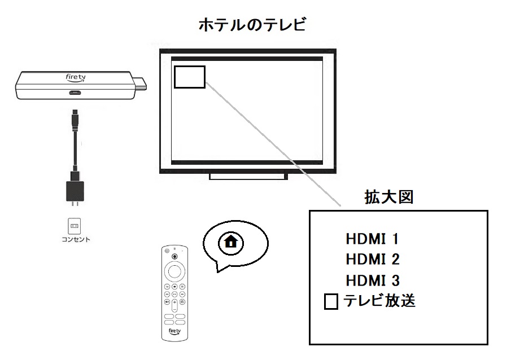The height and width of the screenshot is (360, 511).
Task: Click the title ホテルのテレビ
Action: coord(252,25)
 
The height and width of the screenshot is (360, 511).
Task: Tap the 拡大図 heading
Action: coord(389,197)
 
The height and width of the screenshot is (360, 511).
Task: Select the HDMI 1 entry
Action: coord(372,239)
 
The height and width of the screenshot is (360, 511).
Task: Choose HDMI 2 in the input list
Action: coord(373,260)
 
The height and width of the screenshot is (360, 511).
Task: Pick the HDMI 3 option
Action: coord(373,280)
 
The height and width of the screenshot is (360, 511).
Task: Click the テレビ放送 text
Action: coord(379,300)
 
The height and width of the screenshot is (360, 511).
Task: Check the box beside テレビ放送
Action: coord(331,301)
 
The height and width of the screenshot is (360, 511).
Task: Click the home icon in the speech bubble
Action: coord(231,243)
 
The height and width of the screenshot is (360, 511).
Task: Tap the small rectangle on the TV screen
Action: coord(190,77)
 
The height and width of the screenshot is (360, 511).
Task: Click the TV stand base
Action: coord(248,177)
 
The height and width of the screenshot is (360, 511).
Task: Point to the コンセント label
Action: coord(76,239)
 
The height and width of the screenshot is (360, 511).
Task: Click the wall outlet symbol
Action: coord(75,226)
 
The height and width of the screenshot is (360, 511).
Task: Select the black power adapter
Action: coord(75,191)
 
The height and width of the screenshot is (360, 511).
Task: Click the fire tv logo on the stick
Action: coord(76,77)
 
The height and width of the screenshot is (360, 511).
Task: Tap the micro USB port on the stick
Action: coord(75,93)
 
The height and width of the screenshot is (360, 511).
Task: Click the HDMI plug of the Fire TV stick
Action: coord(141,84)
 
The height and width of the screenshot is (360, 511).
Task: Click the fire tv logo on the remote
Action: coord(174,332)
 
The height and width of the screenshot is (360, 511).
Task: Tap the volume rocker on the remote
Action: coord(174,305)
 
